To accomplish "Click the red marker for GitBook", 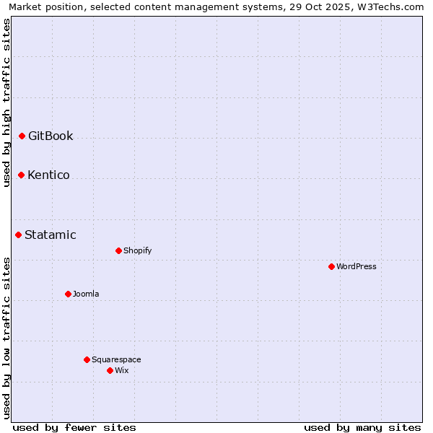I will pos(22,136).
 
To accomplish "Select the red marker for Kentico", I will pos(21,175).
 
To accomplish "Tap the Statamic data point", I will pos(18,235).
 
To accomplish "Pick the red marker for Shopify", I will pos(118,250).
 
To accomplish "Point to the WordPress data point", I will pos(331,266).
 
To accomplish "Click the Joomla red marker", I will pos(68,294).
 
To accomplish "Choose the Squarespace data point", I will pos(87,359).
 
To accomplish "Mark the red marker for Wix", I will pos(110,370).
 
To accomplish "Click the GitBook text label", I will pos(51,136).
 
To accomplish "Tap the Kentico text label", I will pos(48,175).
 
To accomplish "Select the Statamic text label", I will pos(51,235).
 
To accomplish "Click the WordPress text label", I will pos(357,266).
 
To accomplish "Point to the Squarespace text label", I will pos(116,359).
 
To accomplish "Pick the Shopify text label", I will pos(137,250).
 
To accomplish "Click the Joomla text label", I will pos(86,294).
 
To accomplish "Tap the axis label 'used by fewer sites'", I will pos(74,427).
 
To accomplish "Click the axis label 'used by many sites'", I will pos(362,427).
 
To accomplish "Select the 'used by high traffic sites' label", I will pos(6,102).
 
